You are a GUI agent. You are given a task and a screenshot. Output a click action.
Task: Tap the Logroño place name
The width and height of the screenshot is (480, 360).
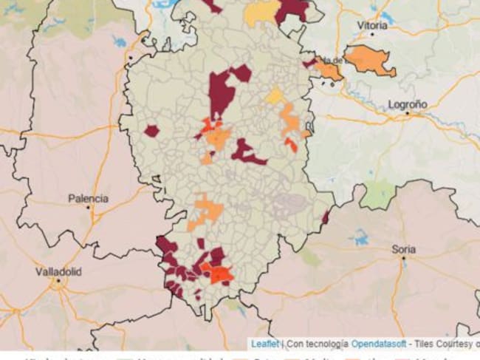click(407, 105)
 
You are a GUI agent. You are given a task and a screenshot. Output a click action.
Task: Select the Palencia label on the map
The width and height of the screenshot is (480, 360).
click(88, 198)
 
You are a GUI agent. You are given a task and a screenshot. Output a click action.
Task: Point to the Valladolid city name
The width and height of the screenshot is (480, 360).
click(59, 271)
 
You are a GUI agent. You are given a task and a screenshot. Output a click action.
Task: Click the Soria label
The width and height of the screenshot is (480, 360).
click(403, 249)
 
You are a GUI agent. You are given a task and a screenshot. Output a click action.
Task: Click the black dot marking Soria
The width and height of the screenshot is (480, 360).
click(403, 259)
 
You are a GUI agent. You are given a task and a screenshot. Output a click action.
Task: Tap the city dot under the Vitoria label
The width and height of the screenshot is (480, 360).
click(372, 33)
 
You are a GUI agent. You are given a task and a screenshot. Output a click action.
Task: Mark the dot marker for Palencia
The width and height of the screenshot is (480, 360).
click(88, 208)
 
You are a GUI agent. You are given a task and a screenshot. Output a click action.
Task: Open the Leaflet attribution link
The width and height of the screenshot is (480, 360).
click(264, 343)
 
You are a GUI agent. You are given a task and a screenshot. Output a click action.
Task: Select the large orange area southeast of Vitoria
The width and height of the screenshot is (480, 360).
click(368, 61)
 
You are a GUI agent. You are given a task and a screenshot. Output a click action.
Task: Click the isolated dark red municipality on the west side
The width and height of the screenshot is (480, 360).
click(151, 131)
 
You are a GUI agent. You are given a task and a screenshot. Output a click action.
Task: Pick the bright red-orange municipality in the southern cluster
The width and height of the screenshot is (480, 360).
click(219, 274)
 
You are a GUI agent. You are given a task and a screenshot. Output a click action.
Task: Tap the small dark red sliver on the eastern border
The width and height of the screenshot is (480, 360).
click(325, 217)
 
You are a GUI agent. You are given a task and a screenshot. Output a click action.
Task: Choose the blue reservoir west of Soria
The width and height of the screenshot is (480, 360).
click(360, 237)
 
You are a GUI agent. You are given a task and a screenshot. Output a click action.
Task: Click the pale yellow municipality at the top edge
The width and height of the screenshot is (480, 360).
click(262, 13)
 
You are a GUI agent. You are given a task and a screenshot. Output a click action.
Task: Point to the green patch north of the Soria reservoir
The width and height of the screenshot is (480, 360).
click(378, 195)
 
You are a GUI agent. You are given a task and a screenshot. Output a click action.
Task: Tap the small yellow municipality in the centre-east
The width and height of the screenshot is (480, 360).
click(274, 96)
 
